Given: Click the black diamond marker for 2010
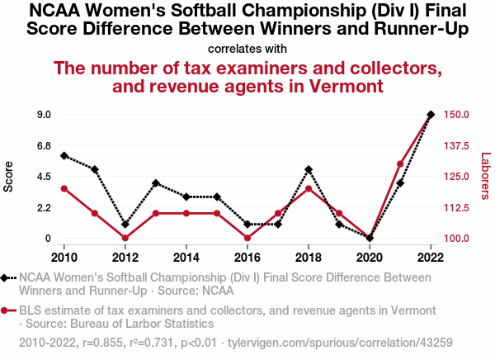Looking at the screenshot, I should pos(64,155).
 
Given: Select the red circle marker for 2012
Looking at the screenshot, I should pos(125,238).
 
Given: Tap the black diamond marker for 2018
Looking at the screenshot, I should pos(309,169).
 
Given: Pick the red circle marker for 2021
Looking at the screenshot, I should pos(400,163).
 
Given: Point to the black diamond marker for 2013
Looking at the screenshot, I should pos(156,183).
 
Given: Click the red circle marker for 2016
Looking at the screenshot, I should pos(247,238).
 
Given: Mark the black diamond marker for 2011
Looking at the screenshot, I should pos(95,169).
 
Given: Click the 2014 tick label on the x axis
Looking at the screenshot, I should pos(186,255).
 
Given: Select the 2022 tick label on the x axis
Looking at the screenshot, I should pos(431,255).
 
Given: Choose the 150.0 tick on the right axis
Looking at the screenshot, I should pos(456,114).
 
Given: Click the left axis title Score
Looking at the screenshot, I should pos(9,176).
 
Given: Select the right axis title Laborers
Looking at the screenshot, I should pos(485,176).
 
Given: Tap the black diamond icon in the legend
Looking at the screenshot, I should pos(7,278).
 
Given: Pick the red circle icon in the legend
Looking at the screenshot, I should pos(7,310).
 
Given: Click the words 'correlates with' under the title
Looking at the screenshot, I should pos(247,48).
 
